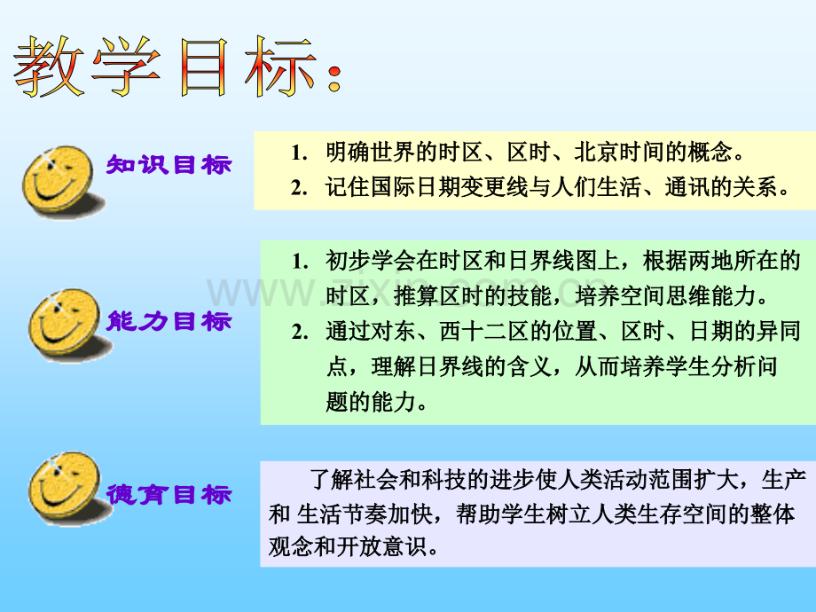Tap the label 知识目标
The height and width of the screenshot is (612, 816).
[x=169, y=165]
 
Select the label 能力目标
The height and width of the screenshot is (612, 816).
[x=169, y=321]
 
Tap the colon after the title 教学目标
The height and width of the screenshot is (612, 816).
[x=333, y=76]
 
